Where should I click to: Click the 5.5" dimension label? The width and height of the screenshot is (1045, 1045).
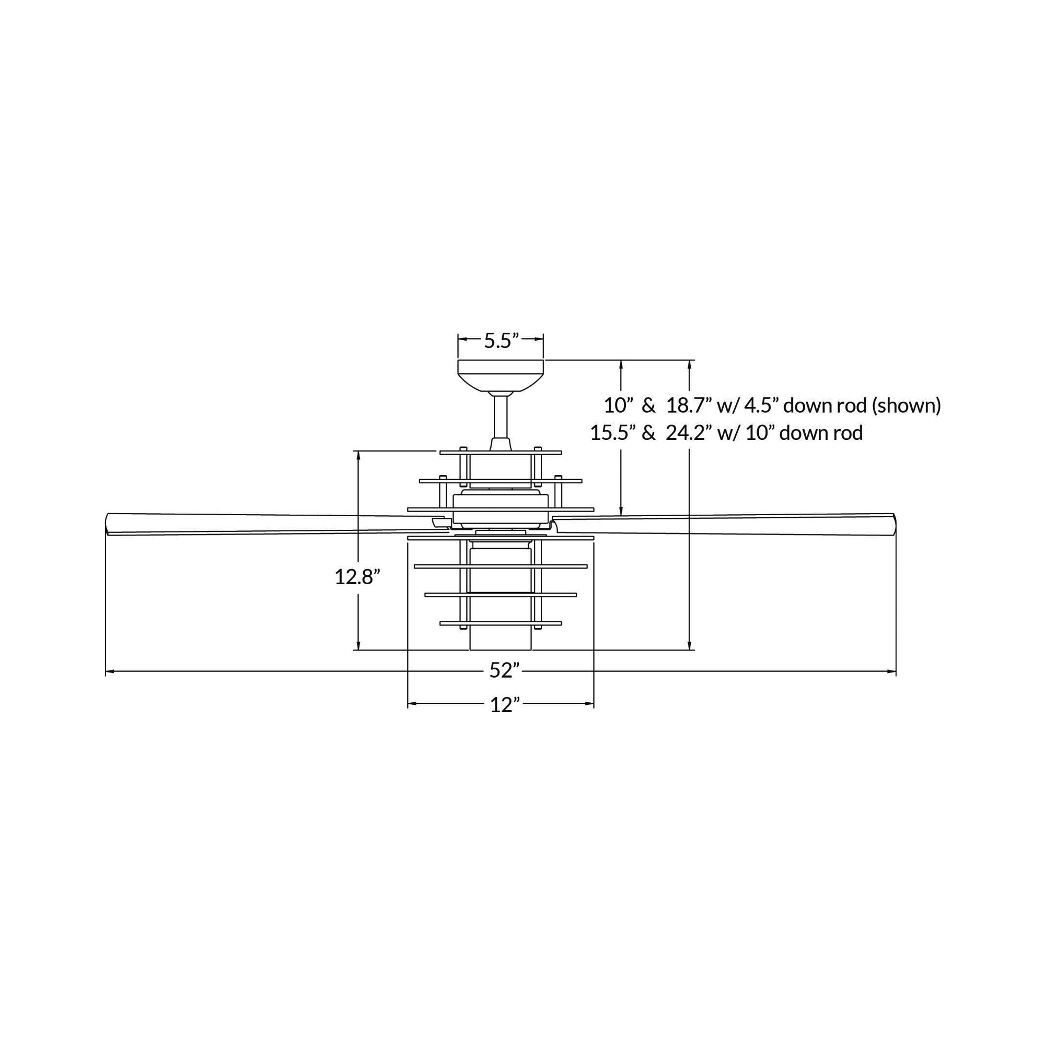[x=501, y=341]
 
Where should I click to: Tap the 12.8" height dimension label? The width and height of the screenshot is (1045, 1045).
[x=354, y=577]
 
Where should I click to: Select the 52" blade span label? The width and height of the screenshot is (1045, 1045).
[x=501, y=671]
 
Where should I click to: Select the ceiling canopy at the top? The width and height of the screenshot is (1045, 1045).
[x=501, y=375]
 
